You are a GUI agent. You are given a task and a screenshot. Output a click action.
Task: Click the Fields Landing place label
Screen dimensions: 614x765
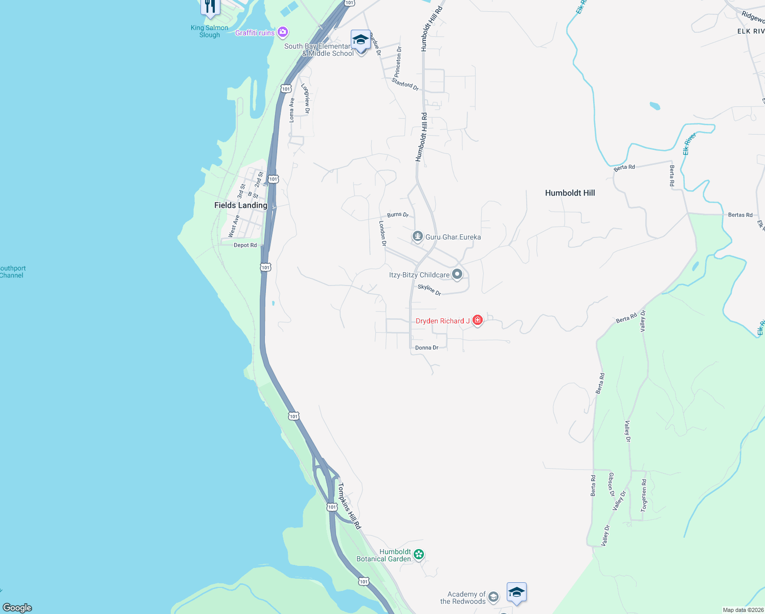coord(240,205)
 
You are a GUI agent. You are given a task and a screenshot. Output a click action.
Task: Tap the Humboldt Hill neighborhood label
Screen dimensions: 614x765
coord(570,193)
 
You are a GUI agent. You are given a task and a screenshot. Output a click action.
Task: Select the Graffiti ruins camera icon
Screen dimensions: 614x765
coord(282,33)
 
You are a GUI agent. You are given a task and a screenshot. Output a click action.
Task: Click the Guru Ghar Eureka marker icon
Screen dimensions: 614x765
coord(418,236)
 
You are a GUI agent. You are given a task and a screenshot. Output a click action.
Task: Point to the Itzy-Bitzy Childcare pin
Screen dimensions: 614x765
coord(457,274)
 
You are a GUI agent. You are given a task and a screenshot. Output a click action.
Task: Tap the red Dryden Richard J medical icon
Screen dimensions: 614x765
coord(478,320)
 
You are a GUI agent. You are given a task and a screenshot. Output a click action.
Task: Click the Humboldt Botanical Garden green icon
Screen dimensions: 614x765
coord(419,554)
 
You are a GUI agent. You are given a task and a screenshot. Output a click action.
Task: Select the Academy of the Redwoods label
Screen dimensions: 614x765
coord(463,598)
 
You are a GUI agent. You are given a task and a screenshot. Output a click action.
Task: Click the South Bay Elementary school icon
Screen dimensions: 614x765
coord(361,40)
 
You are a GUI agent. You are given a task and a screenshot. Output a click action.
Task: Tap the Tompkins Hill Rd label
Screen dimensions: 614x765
coord(349,506)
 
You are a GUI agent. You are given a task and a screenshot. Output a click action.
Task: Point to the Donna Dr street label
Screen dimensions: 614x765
coord(426,348)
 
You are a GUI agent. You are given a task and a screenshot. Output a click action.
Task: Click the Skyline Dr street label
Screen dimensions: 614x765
coord(430,290)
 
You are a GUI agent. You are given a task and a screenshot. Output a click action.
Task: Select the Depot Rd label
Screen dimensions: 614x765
coord(245,246)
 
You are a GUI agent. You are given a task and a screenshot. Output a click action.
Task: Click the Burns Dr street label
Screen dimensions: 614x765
coord(398,215)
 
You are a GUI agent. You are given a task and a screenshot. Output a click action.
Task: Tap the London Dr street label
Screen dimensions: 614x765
coord(382,233)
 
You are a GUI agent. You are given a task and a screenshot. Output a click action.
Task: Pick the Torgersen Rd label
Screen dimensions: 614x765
coord(644,495)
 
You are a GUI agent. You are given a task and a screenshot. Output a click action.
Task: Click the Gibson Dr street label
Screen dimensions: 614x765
coord(611,485)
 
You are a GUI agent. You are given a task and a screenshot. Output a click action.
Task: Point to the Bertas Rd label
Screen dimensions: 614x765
coord(740,215)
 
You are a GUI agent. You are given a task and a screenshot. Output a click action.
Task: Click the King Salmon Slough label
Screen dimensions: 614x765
coord(210,31)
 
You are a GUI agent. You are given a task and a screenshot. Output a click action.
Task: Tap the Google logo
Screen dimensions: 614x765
coord(17,608)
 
